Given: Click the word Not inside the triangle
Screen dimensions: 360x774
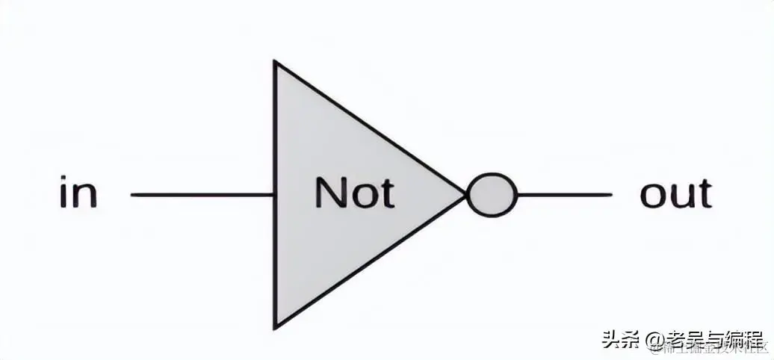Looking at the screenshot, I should tap(353, 193).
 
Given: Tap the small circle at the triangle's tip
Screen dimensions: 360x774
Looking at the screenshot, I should tap(492, 196).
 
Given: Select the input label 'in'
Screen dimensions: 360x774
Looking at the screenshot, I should tap(78, 193).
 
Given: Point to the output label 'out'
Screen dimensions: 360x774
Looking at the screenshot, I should tap(675, 193).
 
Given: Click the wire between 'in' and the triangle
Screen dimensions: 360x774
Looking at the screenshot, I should tap(202, 196).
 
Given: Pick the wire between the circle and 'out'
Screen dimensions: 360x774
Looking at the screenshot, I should tap(564, 196).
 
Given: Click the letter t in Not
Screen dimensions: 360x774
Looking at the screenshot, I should tap(385, 193).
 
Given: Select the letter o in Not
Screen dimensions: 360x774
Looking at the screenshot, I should tap(361, 196).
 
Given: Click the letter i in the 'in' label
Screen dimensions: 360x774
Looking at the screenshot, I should tap(64, 193).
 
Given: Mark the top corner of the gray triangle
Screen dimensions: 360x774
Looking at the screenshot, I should tap(276, 65).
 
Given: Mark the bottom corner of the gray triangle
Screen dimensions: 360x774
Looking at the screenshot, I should tap(276, 326).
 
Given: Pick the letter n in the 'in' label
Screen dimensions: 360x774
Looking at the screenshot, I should tap(85, 196).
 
